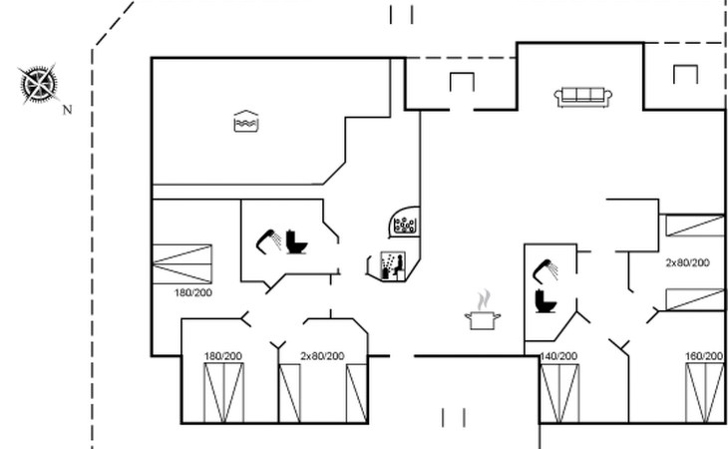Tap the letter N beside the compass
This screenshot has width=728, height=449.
click(67, 111)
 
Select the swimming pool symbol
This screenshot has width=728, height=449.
click(245, 121)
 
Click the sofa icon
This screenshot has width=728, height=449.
click(583, 96)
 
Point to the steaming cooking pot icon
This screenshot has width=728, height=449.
click(483, 319)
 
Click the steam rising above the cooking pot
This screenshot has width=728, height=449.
click(484, 298)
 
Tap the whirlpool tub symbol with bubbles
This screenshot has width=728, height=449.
click(405, 224)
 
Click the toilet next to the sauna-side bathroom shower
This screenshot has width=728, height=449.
click(295, 240)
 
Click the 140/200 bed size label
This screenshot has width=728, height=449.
click(557, 356)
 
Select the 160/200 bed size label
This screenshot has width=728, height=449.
click(703, 356)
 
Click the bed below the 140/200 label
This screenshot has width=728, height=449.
click(558, 393)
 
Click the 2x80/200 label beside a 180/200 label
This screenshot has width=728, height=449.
click(323, 356)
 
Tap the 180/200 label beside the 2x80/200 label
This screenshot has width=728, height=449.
click(223, 356)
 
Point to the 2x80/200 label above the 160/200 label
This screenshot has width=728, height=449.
click(687, 262)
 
